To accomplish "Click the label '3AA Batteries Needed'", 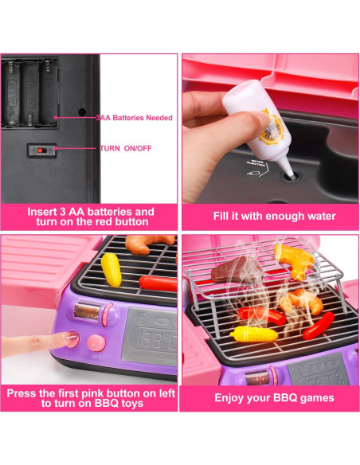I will click(133, 117).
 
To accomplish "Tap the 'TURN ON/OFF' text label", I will click(125, 148).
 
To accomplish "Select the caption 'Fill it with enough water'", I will click(274, 216).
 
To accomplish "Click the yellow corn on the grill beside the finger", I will click(112, 269).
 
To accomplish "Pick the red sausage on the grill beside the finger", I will click(157, 282).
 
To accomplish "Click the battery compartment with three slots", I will click(30, 94).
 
